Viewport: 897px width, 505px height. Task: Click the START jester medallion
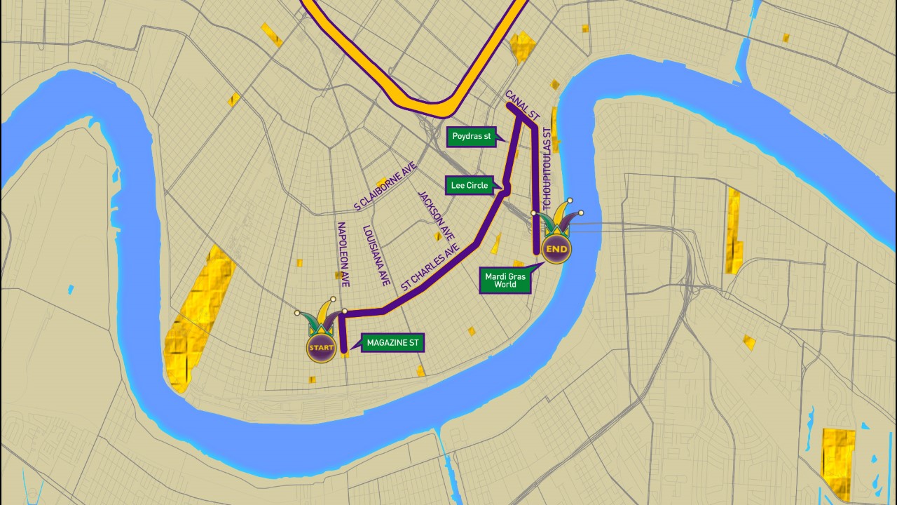point(321,347)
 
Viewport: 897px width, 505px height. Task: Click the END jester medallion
point(556,249)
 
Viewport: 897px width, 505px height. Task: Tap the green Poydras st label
point(472,137)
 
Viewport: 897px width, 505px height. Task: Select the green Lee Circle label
point(470,186)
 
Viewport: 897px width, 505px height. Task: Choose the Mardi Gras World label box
point(505,280)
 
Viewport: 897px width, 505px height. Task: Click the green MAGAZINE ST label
point(392,343)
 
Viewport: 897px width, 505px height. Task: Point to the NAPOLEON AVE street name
point(343,255)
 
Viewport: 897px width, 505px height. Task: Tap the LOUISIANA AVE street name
point(376,255)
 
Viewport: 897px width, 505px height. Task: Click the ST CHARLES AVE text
point(430,267)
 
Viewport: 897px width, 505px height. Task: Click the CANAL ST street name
point(523,104)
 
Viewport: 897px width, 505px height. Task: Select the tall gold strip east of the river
point(733,231)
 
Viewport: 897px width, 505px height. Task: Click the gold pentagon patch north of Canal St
point(522,46)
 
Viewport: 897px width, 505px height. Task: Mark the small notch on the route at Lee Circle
point(506,188)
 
